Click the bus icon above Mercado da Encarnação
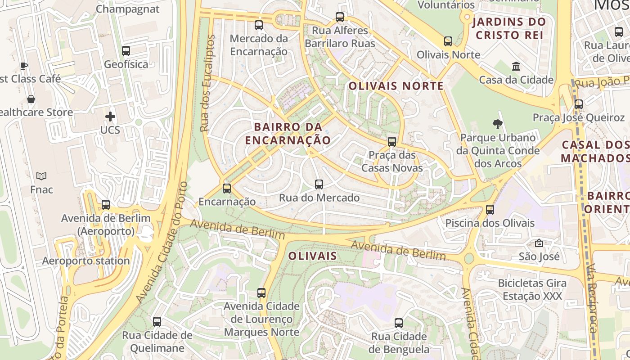(258, 25)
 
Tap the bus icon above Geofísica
(126, 51)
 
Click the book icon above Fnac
(41, 176)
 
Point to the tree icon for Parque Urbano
(497, 124)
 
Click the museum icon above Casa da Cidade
(516, 67)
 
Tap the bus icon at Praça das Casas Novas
(392, 142)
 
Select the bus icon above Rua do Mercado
(319, 184)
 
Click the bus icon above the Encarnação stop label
(227, 189)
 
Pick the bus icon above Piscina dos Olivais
(490, 210)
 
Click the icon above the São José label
(539, 243)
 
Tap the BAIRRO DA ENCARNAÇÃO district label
(288, 133)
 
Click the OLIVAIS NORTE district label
(396, 86)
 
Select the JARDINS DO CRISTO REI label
(509, 28)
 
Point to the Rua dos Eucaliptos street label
(207, 83)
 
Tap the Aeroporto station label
(86, 261)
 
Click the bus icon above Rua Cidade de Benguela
(399, 323)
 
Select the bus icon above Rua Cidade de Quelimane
(157, 322)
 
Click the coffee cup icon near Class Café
(24, 66)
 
